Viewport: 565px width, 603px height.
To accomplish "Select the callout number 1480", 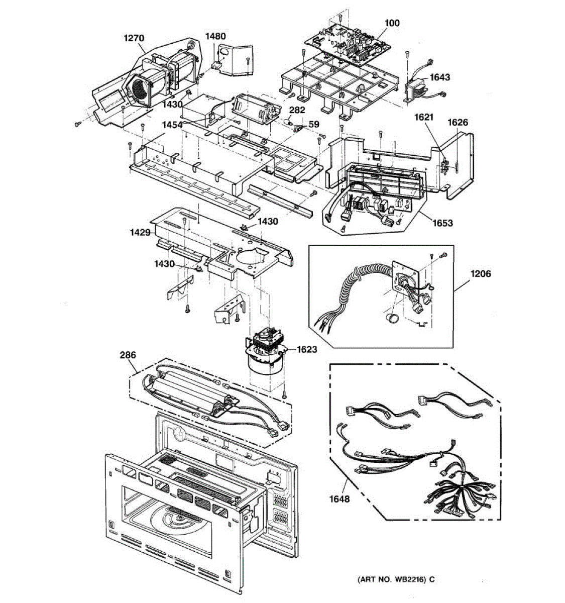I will (x=215, y=36).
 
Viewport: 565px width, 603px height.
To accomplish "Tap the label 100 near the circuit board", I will (x=392, y=23).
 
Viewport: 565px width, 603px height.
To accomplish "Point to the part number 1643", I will (x=440, y=77).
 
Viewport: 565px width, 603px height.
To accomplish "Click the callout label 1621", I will (x=423, y=117).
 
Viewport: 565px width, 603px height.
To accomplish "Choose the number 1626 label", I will (x=458, y=122).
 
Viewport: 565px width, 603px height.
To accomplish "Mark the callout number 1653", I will (x=442, y=223).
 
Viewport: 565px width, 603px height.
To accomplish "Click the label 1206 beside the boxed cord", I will (x=481, y=274).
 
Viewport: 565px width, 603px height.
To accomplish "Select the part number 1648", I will (x=340, y=499).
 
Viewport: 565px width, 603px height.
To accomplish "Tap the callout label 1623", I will (x=307, y=349).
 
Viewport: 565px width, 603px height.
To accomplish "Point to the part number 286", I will (x=128, y=355).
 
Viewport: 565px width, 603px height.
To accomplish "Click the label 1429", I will (x=141, y=233).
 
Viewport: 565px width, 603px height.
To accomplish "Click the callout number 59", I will (x=314, y=124).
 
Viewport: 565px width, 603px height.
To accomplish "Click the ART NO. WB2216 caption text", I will (x=396, y=579).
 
